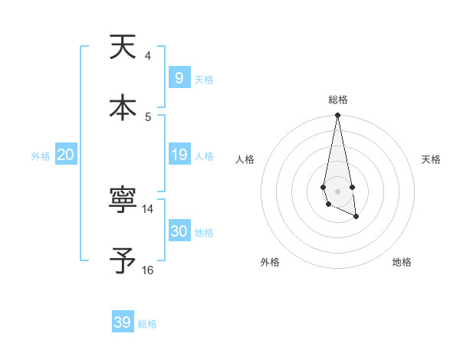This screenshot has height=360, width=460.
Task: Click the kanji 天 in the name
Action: (123, 47)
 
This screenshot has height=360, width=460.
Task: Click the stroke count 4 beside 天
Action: (148, 56)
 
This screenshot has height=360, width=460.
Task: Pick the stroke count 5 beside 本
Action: (148, 116)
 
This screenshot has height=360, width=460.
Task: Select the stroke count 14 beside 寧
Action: (148, 209)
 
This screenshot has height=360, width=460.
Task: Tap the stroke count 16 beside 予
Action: (148, 270)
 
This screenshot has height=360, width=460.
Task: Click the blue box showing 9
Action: (179, 78)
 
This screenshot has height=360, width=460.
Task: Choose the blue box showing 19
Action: (179, 155)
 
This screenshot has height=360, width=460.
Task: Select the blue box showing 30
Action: (179, 231)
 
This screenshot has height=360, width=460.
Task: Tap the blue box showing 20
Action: (65, 155)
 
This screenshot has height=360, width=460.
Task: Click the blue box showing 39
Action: (122, 322)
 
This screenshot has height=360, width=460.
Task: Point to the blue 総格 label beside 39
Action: (147, 324)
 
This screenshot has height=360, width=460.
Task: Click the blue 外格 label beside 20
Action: (41, 156)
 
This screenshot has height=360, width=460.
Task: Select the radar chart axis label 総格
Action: (337, 100)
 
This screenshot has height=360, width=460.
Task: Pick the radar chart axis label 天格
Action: (431, 159)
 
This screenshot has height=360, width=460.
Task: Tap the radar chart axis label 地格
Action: (402, 263)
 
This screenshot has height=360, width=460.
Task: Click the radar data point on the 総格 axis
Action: (337, 116)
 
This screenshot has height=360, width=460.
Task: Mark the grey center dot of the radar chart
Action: (337, 191)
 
